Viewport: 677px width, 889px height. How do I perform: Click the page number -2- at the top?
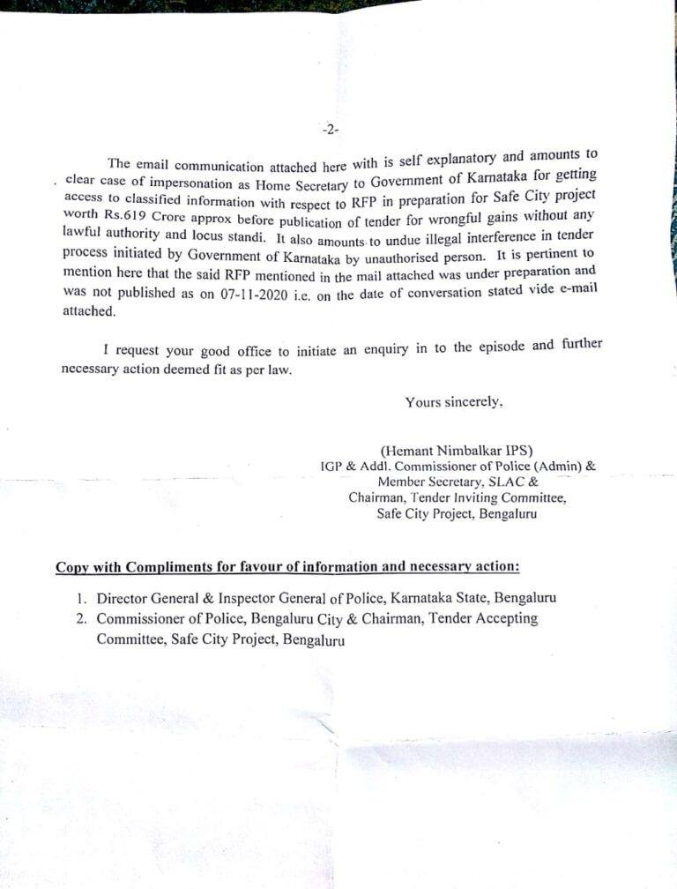click(x=331, y=129)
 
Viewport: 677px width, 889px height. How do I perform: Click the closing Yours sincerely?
click(x=454, y=402)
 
